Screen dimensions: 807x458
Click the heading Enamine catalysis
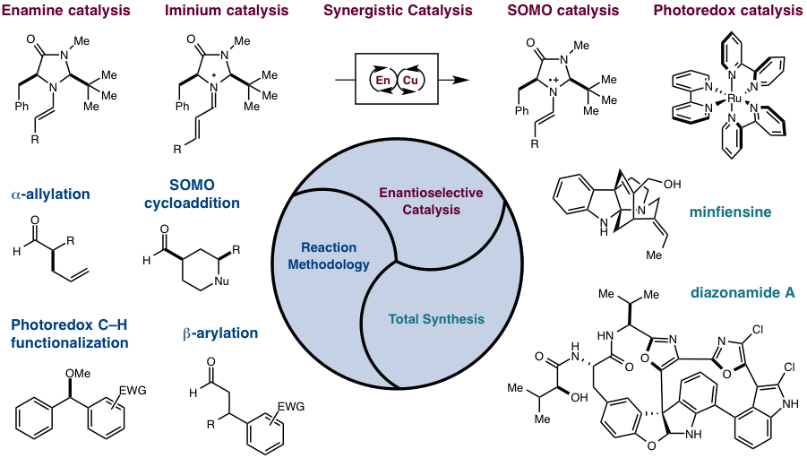coord(66,10)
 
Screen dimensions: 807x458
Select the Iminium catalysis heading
coord(227,10)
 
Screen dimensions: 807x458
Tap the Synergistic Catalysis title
coord(398,10)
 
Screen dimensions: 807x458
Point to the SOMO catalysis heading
coord(563,10)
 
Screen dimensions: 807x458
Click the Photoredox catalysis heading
coord(728,10)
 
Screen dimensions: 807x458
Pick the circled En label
coord(383,81)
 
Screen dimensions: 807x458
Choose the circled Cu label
coord(410,81)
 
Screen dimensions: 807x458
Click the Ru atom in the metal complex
coord(734,98)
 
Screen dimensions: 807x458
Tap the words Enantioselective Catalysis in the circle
coord(432,201)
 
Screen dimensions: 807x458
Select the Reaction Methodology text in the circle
coord(329,255)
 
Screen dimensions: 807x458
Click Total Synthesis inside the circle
coord(436,319)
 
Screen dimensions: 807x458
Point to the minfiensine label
coord(730,212)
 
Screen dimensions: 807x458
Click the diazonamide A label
coord(743,292)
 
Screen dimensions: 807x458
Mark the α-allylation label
coord(50,194)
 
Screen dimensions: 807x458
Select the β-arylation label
coord(219,333)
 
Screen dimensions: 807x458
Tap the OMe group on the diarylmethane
coord(78,373)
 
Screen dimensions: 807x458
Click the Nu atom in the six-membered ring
coord(221,281)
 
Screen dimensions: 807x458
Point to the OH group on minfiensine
coord(672,184)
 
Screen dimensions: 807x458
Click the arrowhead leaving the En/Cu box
coord(461,81)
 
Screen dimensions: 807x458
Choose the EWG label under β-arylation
coord(291,407)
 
